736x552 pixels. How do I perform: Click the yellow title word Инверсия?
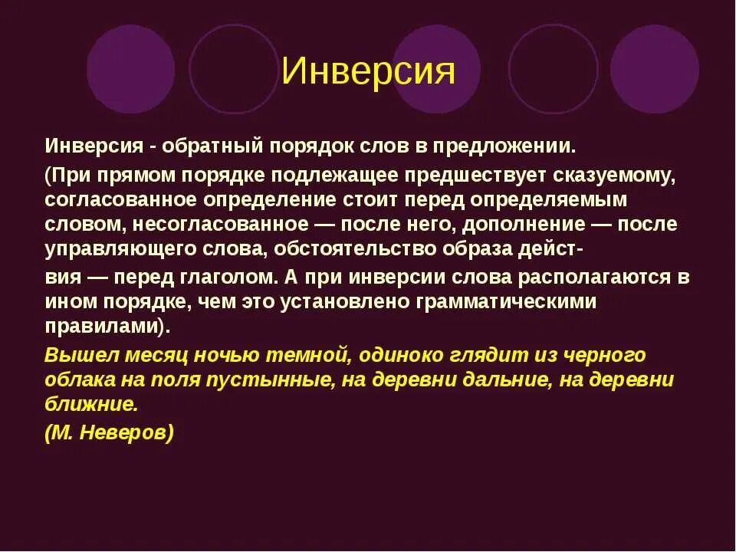368,71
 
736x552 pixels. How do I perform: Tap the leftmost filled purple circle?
130,69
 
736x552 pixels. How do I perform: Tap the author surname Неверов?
130,432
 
